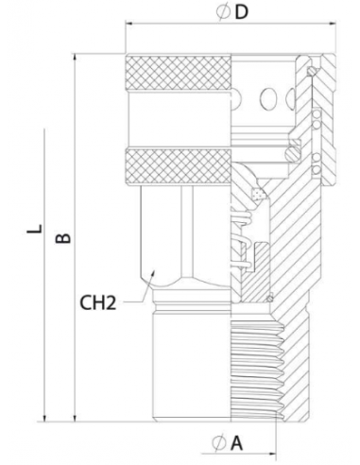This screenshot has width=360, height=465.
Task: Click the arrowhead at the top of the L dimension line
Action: tap(43, 131)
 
